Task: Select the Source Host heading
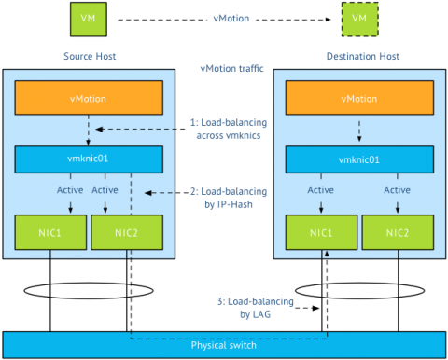click(x=90, y=56)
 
